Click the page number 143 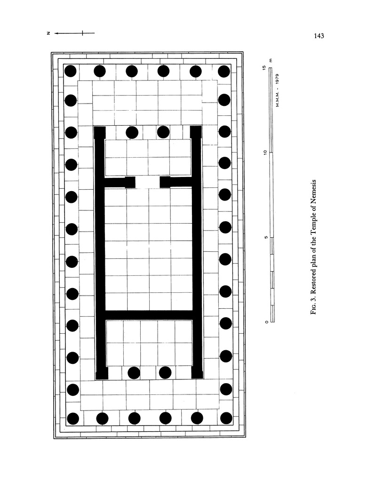(x=319, y=36)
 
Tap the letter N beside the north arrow (x=48, y=33)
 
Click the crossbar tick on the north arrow (x=82, y=33)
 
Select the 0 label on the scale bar (x=266, y=322)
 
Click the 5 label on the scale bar (x=266, y=237)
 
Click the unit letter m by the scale (x=271, y=60)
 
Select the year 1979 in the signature (x=277, y=79)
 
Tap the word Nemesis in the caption (x=313, y=191)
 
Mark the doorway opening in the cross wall (x=148, y=182)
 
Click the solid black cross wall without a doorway (x=149, y=315)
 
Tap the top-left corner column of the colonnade (x=71, y=71)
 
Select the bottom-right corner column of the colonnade (x=226, y=418)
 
